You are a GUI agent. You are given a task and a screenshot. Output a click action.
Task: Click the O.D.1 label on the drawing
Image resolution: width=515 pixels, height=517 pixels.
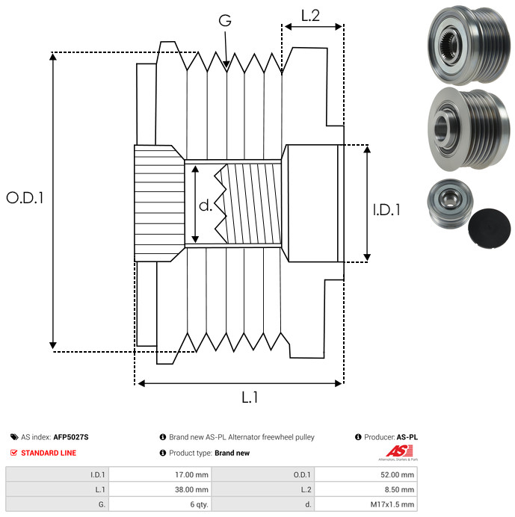[x=25, y=198]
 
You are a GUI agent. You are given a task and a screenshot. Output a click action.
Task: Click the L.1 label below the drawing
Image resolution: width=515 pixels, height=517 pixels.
[x=250, y=397]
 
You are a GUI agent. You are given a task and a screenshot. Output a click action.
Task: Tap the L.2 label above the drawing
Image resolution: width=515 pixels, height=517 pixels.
[x=310, y=16]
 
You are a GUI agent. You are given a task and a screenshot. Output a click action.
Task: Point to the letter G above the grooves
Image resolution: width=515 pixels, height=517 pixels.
[x=225, y=20]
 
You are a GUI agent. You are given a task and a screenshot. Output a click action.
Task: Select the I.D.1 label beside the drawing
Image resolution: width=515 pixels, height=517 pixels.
[x=386, y=210]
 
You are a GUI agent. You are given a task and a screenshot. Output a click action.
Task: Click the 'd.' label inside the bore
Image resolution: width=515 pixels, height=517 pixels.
[x=206, y=205]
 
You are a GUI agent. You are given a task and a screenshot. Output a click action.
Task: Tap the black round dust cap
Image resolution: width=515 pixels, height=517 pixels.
[x=490, y=228]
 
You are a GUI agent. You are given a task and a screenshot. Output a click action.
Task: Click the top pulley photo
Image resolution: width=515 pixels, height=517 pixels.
[x=469, y=45]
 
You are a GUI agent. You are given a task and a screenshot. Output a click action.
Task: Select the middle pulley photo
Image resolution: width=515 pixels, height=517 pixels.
[x=469, y=129]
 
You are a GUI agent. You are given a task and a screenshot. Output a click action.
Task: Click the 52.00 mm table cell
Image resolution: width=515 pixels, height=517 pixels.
[x=366, y=474]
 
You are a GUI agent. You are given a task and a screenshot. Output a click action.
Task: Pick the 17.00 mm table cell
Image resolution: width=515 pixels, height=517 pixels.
[x=161, y=474]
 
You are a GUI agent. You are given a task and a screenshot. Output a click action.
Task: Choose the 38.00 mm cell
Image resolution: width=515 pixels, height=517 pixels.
[x=161, y=489]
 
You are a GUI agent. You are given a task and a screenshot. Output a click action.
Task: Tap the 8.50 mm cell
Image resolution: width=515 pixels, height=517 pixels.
[x=366, y=489]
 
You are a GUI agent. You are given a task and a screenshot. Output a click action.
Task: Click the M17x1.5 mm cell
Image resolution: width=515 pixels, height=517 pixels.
[x=366, y=504]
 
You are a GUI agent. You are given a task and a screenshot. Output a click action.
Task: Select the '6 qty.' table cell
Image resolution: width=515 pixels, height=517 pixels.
[x=161, y=504]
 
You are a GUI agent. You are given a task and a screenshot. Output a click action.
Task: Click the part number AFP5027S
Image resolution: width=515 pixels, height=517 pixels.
[x=71, y=437]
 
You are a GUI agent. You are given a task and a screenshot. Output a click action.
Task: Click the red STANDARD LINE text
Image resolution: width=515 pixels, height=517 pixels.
[x=49, y=453]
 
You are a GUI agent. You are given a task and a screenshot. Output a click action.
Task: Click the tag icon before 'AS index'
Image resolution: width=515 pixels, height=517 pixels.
[x=14, y=437]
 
